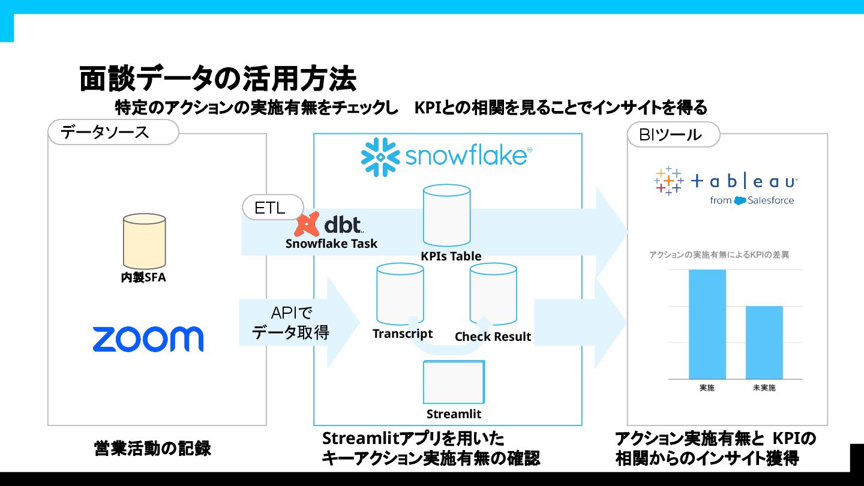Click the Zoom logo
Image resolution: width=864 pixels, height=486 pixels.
[x=148, y=339]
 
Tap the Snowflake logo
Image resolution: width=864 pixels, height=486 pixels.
[x=446, y=157]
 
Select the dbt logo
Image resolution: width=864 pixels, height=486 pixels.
[x=329, y=224]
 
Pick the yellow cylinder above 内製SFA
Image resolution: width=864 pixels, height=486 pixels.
[x=144, y=241]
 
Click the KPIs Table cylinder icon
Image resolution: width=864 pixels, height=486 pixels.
[x=446, y=215]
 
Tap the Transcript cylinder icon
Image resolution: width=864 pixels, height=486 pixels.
[x=400, y=293]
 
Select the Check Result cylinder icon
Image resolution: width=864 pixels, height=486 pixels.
[x=493, y=294]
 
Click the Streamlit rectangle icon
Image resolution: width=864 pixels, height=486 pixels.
[x=454, y=382]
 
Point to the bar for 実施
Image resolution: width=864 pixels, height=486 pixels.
[x=707, y=324]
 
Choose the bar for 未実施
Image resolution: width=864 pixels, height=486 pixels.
[x=764, y=342]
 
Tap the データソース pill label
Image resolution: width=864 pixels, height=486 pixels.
[x=113, y=132]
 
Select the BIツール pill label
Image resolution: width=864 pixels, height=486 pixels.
[x=673, y=134]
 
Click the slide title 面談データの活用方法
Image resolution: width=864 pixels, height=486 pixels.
[x=218, y=79]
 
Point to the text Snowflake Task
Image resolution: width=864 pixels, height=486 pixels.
[x=331, y=243]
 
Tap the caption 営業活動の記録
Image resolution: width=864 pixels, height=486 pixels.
[x=152, y=448]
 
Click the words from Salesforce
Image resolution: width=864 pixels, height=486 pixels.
[x=751, y=200]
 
